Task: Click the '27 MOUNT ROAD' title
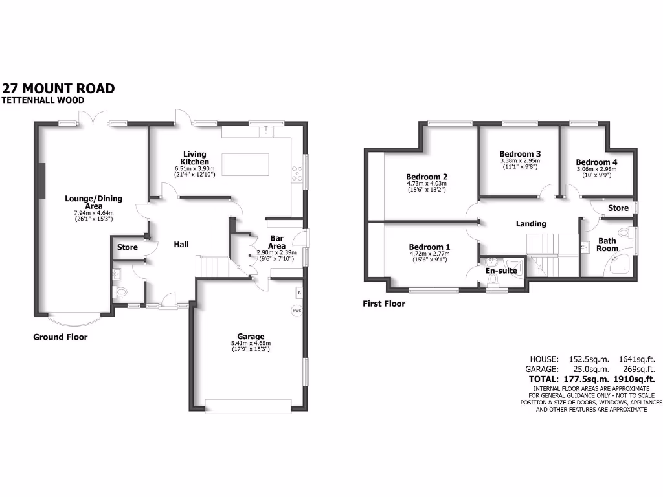58,89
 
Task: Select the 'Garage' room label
251,337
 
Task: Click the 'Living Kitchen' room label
194,157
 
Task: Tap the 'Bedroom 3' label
519,154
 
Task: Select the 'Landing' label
531,224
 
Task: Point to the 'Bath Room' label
607,244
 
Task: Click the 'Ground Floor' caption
60,337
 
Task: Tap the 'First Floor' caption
384,304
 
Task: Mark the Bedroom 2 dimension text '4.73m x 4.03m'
427,183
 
